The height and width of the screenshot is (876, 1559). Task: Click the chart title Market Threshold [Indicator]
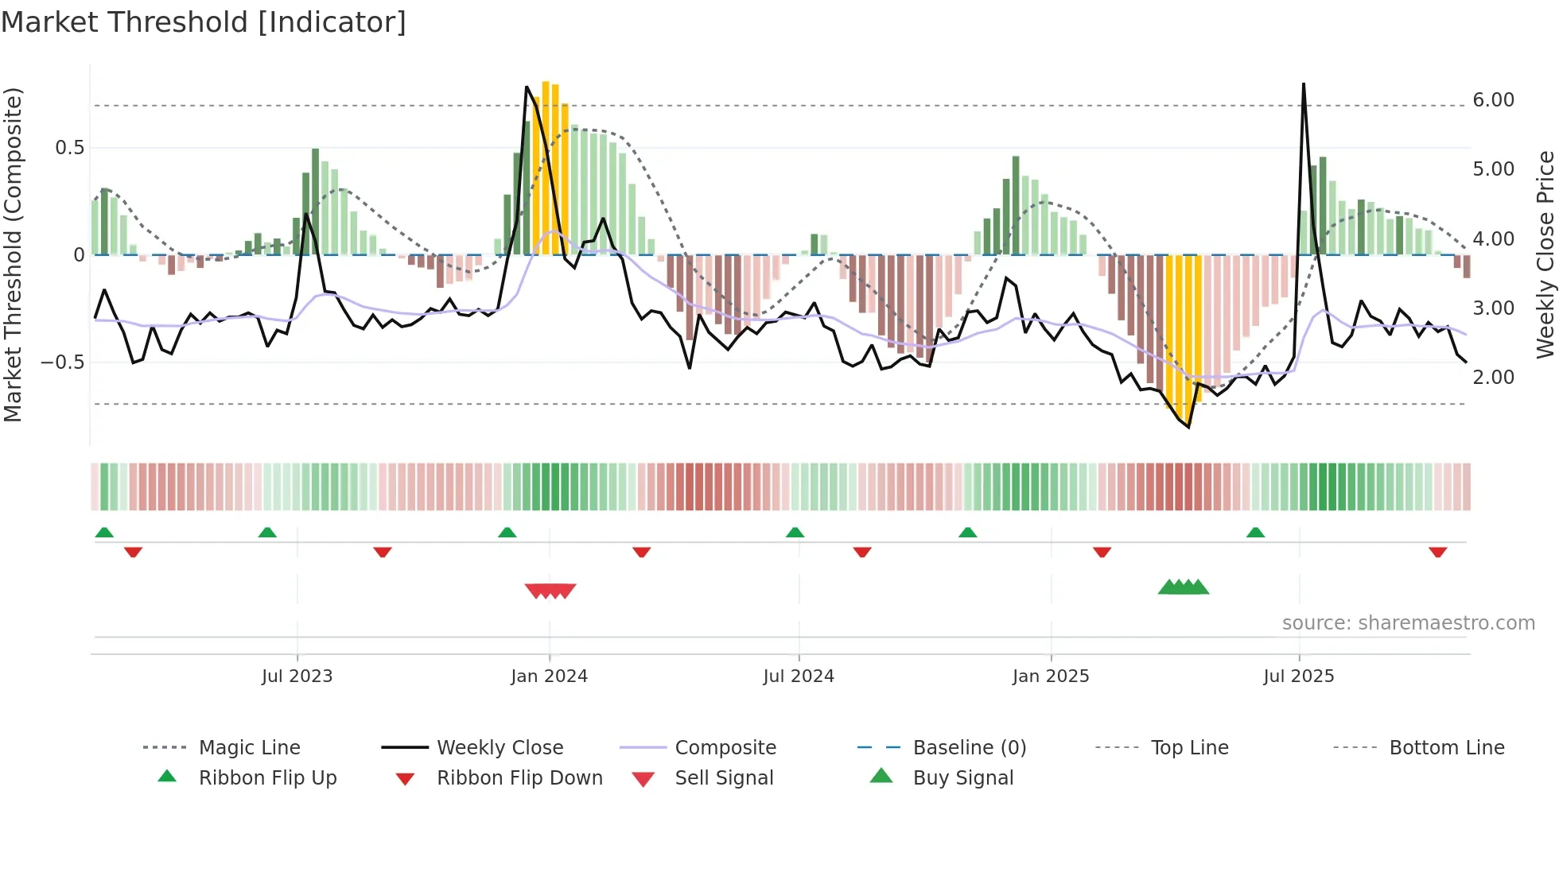[x=204, y=22]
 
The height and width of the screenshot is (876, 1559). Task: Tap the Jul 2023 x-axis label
[x=297, y=676]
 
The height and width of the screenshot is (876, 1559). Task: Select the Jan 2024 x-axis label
[x=549, y=676]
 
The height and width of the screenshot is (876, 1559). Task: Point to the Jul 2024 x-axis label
[x=799, y=676]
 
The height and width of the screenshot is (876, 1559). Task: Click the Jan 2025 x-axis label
[x=1051, y=676]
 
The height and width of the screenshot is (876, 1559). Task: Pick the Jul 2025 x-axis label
[x=1299, y=676]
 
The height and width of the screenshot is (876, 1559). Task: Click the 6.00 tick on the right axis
[x=1493, y=100]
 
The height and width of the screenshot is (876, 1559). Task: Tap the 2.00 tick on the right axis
[x=1493, y=378]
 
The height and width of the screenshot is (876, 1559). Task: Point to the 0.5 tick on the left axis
[x=69, y=148]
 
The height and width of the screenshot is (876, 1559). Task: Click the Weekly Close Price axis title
[x=1545, y=254]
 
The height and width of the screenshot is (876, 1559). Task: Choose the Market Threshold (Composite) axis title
[x=13, y=254]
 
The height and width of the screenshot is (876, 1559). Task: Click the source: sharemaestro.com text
[x=1408, y=623]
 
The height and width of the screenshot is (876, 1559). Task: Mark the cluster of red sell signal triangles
[x=550, y=591]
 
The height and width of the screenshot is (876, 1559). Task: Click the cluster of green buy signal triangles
[x=1184, y=587]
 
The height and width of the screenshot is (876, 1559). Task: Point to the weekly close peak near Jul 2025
[x=1303, y=85]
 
